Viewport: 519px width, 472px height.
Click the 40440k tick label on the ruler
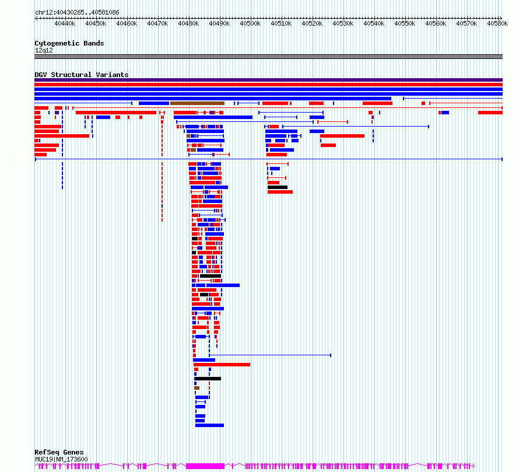coord(65,23)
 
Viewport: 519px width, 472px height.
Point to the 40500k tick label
coord(250,23)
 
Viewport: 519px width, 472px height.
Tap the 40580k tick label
coord(497,23)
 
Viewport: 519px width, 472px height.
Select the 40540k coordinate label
coord(374,23)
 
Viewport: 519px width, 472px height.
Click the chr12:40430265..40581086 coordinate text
coord(77,12)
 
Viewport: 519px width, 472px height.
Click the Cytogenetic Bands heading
coord(69,43)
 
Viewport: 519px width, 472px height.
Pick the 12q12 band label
coord(44,50)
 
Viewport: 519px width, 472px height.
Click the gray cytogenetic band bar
coord(268,57)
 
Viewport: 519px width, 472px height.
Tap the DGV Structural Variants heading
coord(82,75)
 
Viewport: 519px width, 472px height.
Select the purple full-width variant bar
coord(268,80)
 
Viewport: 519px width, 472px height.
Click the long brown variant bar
coord(197,103)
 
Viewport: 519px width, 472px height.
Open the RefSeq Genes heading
coord(59,452)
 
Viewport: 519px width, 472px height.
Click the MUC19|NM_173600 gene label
coord(62,459)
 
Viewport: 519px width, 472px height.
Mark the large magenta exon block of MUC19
coord(205,466)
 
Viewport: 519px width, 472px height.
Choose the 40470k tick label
coord(157,23)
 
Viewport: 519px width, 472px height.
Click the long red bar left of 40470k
coord(116,113)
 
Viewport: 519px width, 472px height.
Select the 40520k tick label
coord(312,23)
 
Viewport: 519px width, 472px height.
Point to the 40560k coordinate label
coord(436,23)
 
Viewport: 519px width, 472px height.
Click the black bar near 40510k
coord(278,187)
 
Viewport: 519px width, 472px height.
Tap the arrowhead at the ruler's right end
coord(500,18)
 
